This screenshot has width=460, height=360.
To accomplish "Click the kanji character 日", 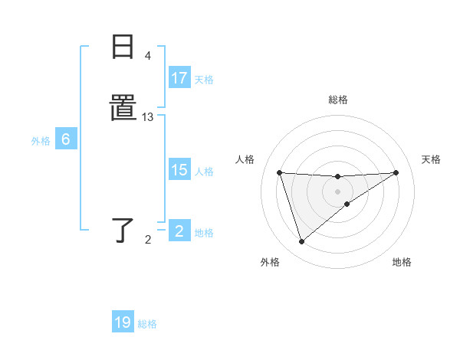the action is click(x=123, y=47).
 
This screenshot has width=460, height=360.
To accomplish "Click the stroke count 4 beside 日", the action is click(x=148, y=56).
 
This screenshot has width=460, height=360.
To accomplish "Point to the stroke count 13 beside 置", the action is click(x=148, y=117).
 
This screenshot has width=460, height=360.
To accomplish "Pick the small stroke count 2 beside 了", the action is click(x=148, y=240).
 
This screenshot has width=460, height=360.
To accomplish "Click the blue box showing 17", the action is click(x=179, y=78).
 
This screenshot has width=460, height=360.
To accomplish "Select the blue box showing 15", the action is click(x=179, y=170).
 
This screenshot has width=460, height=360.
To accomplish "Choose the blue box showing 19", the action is click(x=123, y=322).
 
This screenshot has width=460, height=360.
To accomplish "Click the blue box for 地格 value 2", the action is click(x=179, y=231).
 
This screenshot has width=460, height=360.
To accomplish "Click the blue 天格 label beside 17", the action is click(x=204, y=79).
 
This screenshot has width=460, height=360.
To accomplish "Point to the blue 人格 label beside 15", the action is click(x=204, y=171).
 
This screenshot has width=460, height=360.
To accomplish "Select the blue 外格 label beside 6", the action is click(x=41, y=140).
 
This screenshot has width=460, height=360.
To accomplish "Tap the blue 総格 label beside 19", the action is click(x=147, y=323).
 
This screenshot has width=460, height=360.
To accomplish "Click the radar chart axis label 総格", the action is click(x=337, y=100).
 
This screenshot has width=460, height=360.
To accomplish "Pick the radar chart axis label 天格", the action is click(x=431, y=159).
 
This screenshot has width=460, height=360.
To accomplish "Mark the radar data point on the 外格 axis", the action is click(x=301, y=242).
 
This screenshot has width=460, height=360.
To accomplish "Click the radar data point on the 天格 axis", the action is click(x=396, y=172).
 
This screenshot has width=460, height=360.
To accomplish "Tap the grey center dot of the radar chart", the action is click(x=337, y=191).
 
